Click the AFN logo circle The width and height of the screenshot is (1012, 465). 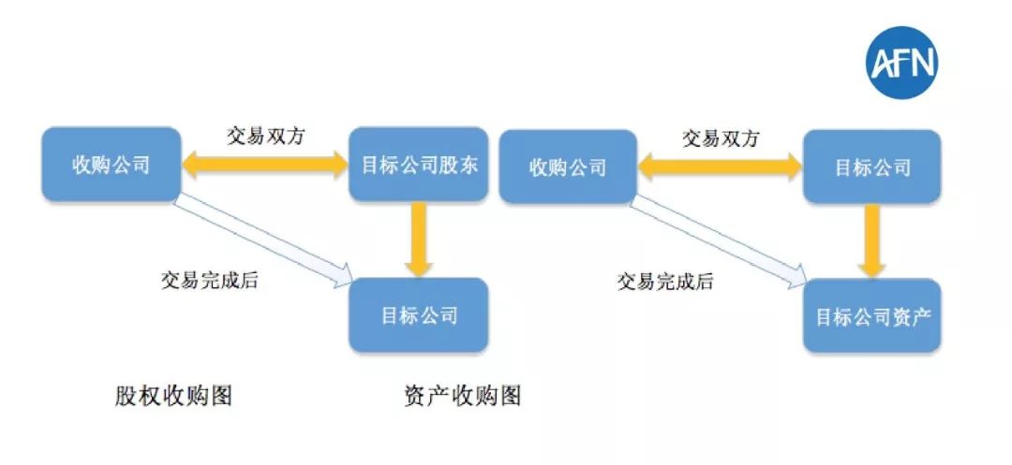tap(901, 63)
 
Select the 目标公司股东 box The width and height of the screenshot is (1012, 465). tap(419, 166)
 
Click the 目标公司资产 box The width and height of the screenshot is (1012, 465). tap(872, 316)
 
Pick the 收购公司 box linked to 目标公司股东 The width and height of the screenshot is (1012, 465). tap(112, 165)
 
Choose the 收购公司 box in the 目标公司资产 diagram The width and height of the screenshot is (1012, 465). tap(568, 167)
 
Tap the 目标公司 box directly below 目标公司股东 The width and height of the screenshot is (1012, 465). tap(419, 314)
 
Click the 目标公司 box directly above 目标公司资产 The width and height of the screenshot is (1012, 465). tap(872, 167)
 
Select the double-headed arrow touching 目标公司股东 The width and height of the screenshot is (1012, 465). tap(265, 166)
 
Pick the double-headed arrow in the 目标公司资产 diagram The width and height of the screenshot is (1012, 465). tap(720, 167)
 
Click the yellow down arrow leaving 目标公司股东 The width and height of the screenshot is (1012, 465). tap(419, 240)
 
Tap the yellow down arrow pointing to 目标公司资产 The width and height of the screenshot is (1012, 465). tap(872, 240)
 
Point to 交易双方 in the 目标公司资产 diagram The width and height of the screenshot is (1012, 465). tap(720, 138)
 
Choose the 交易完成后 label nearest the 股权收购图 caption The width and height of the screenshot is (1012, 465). tap(209, 280)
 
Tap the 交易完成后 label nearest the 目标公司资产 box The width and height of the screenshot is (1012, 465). tap(664, 281)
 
